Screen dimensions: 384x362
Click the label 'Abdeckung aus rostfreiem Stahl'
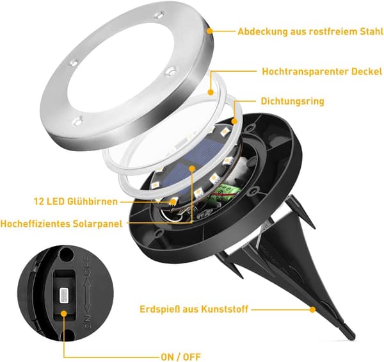coord(310,32)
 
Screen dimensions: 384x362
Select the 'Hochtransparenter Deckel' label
coord(322,72)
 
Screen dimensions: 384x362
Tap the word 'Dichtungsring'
coord(292,101)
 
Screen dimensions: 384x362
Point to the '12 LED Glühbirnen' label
coord(76,201)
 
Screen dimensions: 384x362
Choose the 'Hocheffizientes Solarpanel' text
coord(61,224)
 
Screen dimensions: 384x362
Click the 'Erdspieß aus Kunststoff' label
coord(194,309)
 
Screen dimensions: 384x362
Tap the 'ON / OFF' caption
coord(181,357)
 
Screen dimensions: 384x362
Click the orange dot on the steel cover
coord(210,31)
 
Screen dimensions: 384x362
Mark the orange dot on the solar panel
coord(192,169)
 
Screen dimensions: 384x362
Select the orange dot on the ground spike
coord(312,309)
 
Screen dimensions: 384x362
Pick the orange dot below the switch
coord(64,313)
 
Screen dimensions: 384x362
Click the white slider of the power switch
coord(64,295)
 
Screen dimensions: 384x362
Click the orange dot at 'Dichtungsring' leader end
coord(234,121)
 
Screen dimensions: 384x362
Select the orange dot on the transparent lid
coord(211,92)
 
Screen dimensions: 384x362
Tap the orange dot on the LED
coord(173,202)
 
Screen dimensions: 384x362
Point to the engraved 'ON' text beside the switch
coord(88,321)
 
